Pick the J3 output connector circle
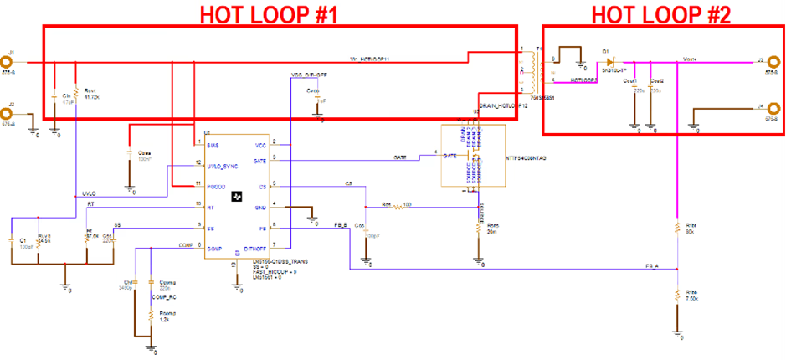(x=772, y=61)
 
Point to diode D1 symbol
(x=609, y=61)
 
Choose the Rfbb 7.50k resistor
(x=676, y=295)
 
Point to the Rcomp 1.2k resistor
(x=151, y=317)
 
